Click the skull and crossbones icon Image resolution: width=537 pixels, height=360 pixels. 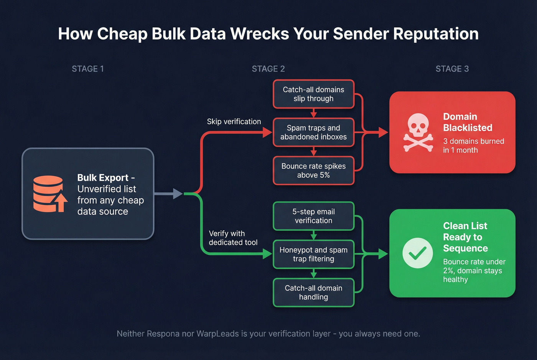click(418, 132)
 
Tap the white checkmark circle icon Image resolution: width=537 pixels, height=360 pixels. click(418, 253)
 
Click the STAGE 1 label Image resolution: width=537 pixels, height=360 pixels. click(88, 69)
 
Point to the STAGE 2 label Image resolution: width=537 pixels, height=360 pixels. click(268, 69)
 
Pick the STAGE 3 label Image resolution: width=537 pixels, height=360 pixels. click(452, 69)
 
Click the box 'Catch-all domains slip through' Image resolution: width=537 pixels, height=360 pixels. click(313, 94)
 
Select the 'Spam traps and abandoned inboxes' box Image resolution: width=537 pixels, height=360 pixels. click(313, 132)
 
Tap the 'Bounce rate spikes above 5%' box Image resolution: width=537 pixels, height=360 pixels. click(313, 171)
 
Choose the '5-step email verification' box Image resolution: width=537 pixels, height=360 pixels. click(313, 216)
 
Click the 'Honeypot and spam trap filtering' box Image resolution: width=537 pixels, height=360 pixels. click(313, 254)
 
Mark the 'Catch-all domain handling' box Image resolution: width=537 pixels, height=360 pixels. click(313, 293)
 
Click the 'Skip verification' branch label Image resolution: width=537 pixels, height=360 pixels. click(234, 122)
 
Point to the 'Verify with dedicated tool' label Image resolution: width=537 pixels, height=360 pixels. click(233, 238)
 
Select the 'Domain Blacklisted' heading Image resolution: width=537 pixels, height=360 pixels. click(467, 122)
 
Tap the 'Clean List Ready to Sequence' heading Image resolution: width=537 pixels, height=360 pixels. click(465, 237)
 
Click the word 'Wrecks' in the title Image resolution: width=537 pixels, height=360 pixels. click(260, 34)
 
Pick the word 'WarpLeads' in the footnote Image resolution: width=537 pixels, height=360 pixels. click(217, 334)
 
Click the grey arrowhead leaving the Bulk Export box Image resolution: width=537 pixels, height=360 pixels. click(178, 194)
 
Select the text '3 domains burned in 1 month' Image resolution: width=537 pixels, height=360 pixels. click(473, 146)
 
